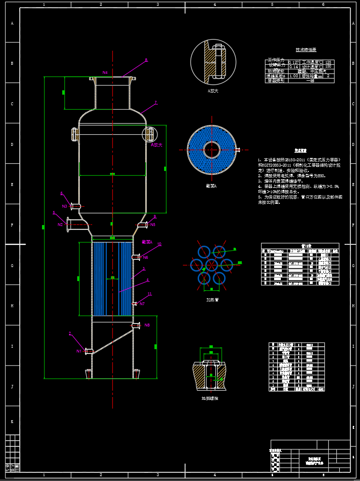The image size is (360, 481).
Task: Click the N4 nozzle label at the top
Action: (105, 72)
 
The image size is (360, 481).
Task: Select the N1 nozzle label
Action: (79, 351)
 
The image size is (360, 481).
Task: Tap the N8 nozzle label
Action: (147, 325)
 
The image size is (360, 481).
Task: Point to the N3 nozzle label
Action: (64, 206)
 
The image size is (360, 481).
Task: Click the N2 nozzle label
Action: (60, 224)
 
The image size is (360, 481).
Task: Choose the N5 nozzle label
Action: (153, 225)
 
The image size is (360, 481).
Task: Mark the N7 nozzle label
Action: (142, 304)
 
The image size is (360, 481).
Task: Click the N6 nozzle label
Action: (146, 257)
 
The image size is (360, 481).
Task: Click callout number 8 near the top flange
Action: (146, 60)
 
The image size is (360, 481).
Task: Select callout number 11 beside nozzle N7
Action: (150, 294)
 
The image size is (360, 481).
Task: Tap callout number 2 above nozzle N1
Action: (70, 333)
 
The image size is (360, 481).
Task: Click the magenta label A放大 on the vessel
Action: (157, 144)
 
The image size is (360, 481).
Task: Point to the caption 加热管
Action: (212, 299)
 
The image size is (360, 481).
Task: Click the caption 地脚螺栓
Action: (209, 398)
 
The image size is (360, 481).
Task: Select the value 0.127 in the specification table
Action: (293, 62)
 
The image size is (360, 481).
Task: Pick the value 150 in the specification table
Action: (328, 67)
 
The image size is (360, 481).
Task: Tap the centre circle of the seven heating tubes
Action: (212, 265)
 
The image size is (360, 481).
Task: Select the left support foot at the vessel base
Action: (88, 374)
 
